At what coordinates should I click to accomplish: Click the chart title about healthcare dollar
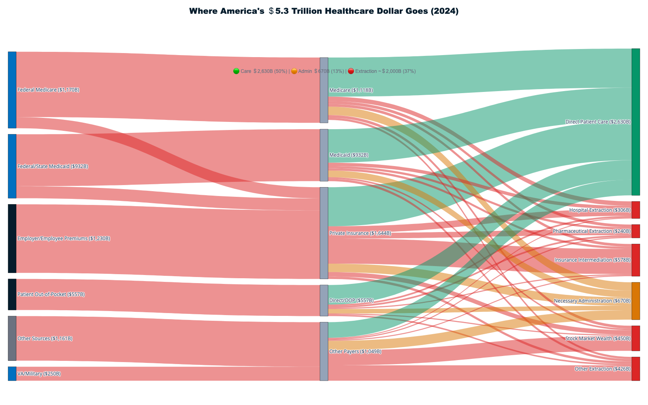[324, 11]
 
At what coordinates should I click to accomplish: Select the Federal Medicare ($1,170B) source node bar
[12, 90]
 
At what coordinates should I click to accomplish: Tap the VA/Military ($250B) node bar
[12, 373]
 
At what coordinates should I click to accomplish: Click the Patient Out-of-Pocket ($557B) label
[51, 294]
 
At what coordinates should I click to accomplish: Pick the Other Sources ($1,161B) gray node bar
[12, 338]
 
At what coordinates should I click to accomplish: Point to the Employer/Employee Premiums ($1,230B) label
[64, 239]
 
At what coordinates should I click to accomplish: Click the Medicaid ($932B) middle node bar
[324, 155]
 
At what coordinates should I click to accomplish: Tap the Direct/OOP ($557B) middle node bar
[324, 301]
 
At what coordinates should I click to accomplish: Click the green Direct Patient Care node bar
[636, 122]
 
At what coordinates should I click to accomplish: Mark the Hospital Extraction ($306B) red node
[636, 210]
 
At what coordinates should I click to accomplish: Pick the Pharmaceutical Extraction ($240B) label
[591, 231]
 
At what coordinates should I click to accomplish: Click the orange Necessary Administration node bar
[636, 301]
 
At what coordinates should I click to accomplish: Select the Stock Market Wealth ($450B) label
[598, 339]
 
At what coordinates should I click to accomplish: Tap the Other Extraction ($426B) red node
[636, 369]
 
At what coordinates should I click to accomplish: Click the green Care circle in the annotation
[237, 71]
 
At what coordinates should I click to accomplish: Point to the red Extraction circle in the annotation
[351, 71]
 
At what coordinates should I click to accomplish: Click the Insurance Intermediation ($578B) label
[593, 260]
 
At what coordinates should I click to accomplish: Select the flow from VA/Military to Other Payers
[162, 373]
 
